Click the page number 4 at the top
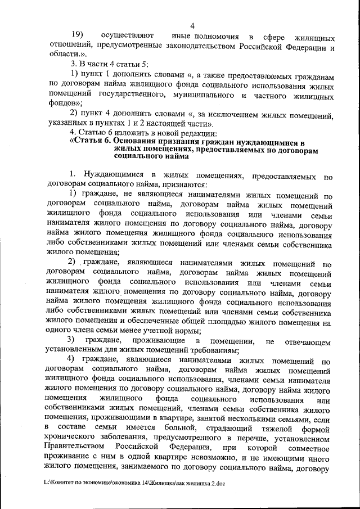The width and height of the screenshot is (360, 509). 192,25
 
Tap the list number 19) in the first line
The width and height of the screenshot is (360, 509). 76,37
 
